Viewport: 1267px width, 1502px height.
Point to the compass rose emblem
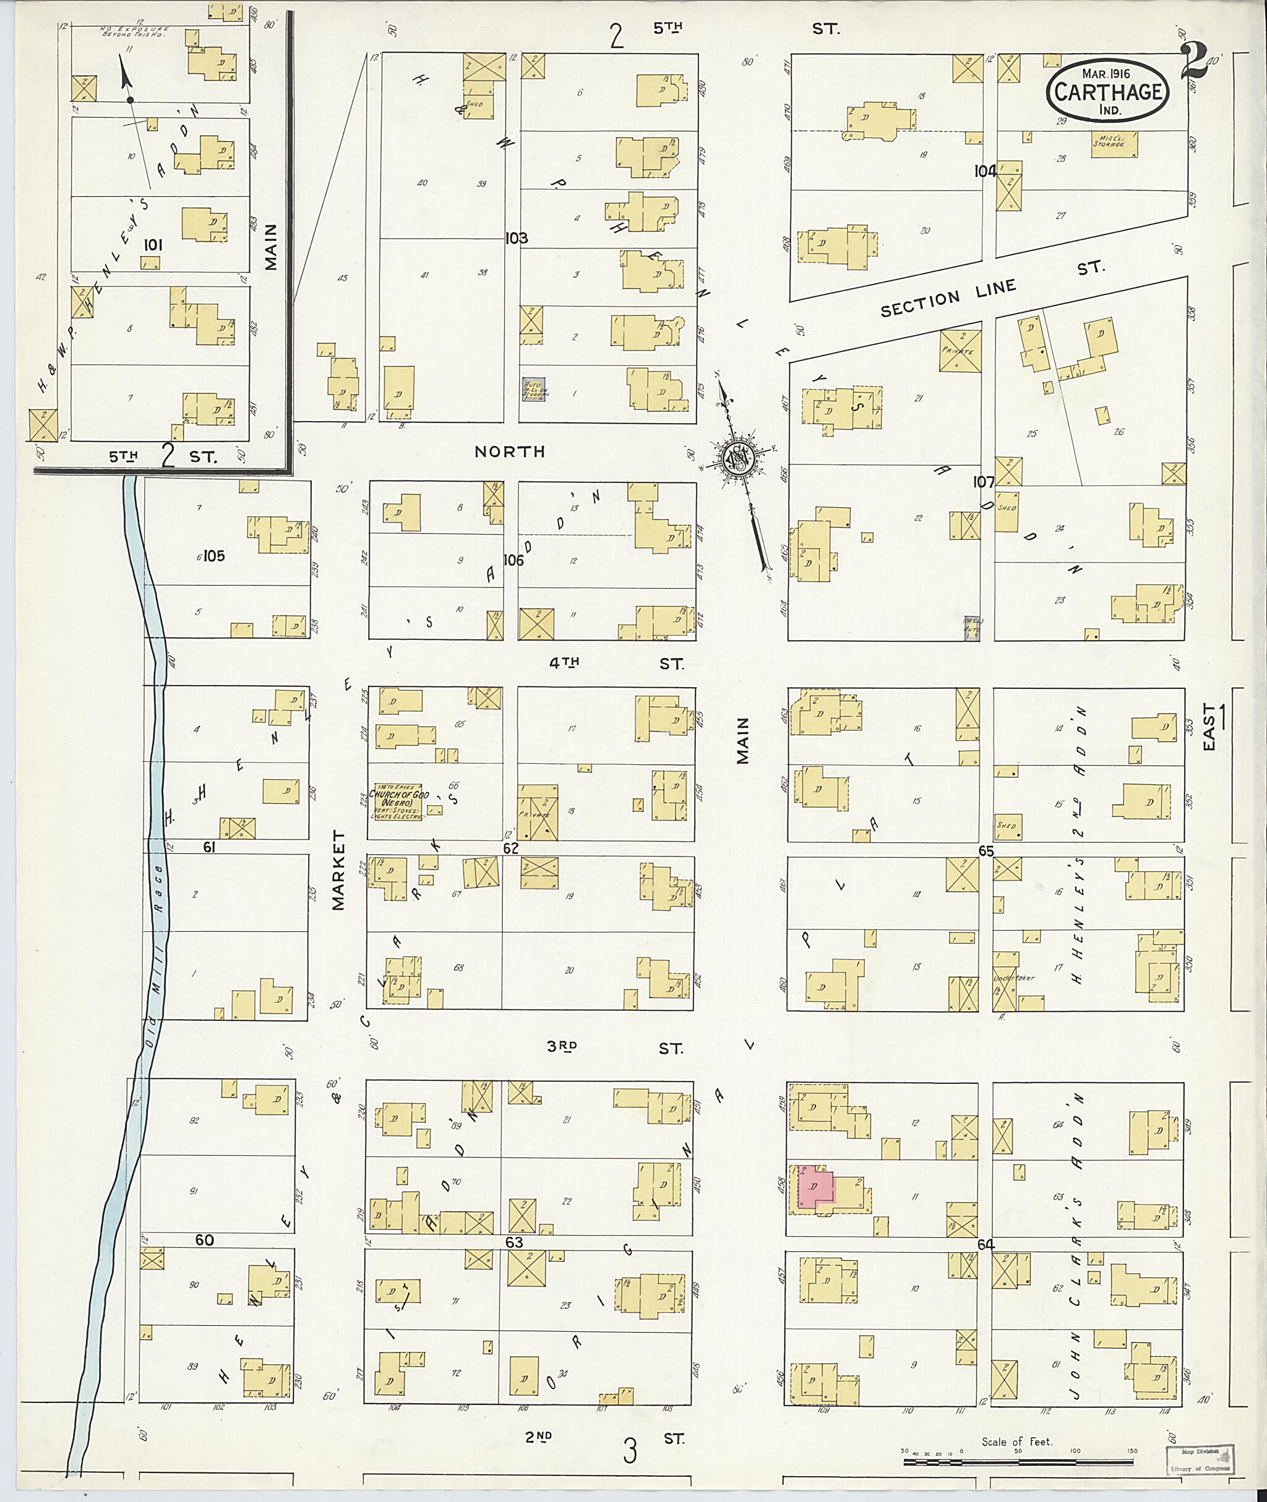(737, 458)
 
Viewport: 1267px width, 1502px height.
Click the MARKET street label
(339, 870)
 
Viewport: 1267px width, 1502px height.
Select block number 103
(516, 238)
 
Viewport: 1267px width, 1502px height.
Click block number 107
(983, 482)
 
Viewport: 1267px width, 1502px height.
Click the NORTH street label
(510, 451)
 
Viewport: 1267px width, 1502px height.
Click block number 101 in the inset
(152, 245)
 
